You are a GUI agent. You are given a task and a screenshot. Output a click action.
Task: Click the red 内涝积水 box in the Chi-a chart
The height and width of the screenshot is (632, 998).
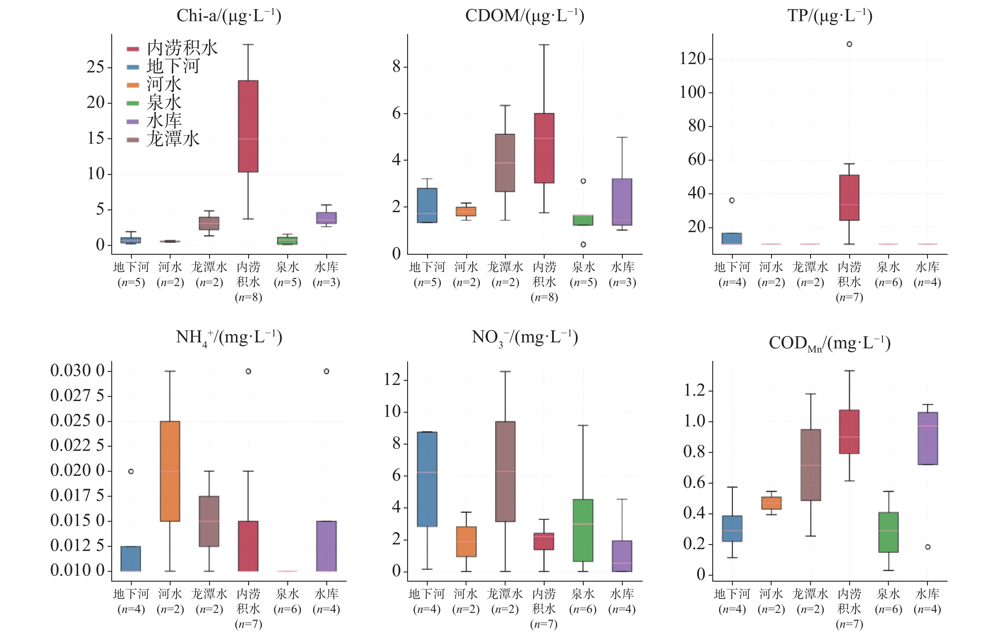click(248, 126)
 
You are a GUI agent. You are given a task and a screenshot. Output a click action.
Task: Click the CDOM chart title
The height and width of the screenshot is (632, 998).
click(525, 16)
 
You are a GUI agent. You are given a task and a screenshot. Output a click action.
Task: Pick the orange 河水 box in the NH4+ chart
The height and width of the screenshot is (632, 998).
click(170, 471)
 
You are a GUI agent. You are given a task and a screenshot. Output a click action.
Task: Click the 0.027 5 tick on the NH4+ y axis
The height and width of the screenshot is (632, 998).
click(78, 396)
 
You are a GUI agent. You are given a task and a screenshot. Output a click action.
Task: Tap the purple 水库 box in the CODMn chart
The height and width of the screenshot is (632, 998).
click(928, 439)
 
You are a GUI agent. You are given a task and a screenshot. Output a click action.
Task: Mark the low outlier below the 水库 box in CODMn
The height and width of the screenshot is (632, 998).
click(928, 547)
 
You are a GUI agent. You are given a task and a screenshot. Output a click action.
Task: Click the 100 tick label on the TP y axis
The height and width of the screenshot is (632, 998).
click(693, 92)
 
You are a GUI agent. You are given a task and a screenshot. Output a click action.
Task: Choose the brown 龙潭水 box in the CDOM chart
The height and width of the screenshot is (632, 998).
click(505, 163)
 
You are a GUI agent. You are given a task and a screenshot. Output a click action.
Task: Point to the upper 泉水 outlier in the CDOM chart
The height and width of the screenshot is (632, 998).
click(583, 181)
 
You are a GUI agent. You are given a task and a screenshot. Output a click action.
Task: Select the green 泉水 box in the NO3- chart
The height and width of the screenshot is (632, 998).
click(583, 530)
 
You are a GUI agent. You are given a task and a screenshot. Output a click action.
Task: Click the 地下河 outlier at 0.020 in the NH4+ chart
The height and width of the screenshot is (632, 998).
click(131, 471)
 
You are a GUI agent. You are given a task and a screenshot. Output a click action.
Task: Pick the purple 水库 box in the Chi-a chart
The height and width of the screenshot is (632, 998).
click(326, 218)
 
